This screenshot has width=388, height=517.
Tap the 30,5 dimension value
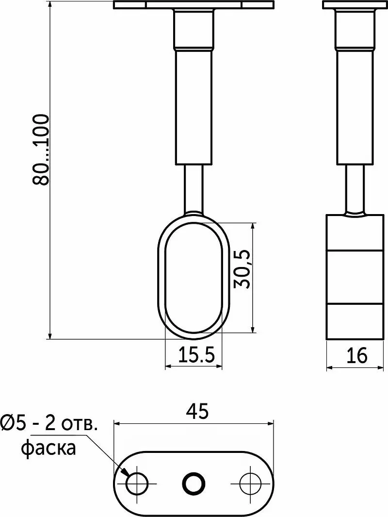[x=242, y=269]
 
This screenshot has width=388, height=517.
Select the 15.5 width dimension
[x=196, y=355]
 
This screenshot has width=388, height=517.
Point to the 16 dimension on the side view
[x=356, y=355]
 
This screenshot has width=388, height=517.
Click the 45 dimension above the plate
[x=197, y=411]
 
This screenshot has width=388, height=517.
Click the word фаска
[x=49, y=449]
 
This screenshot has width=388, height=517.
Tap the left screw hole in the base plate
[x=137, y=484]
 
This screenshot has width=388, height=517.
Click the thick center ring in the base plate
[x=194, y=484]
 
